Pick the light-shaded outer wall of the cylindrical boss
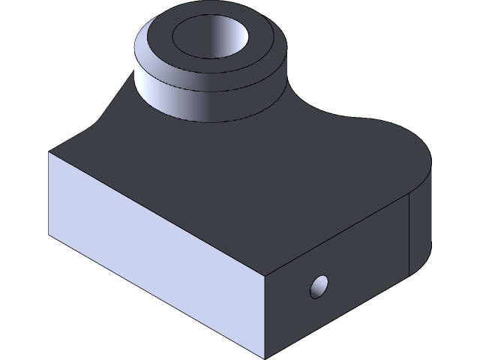tap(172, 94)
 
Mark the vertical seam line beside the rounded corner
tap(409, 232)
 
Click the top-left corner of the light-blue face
tap(49, 153)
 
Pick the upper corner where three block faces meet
tap(266, 273)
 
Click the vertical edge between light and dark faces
tap(266, 315)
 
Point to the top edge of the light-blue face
tap(157, 213)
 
